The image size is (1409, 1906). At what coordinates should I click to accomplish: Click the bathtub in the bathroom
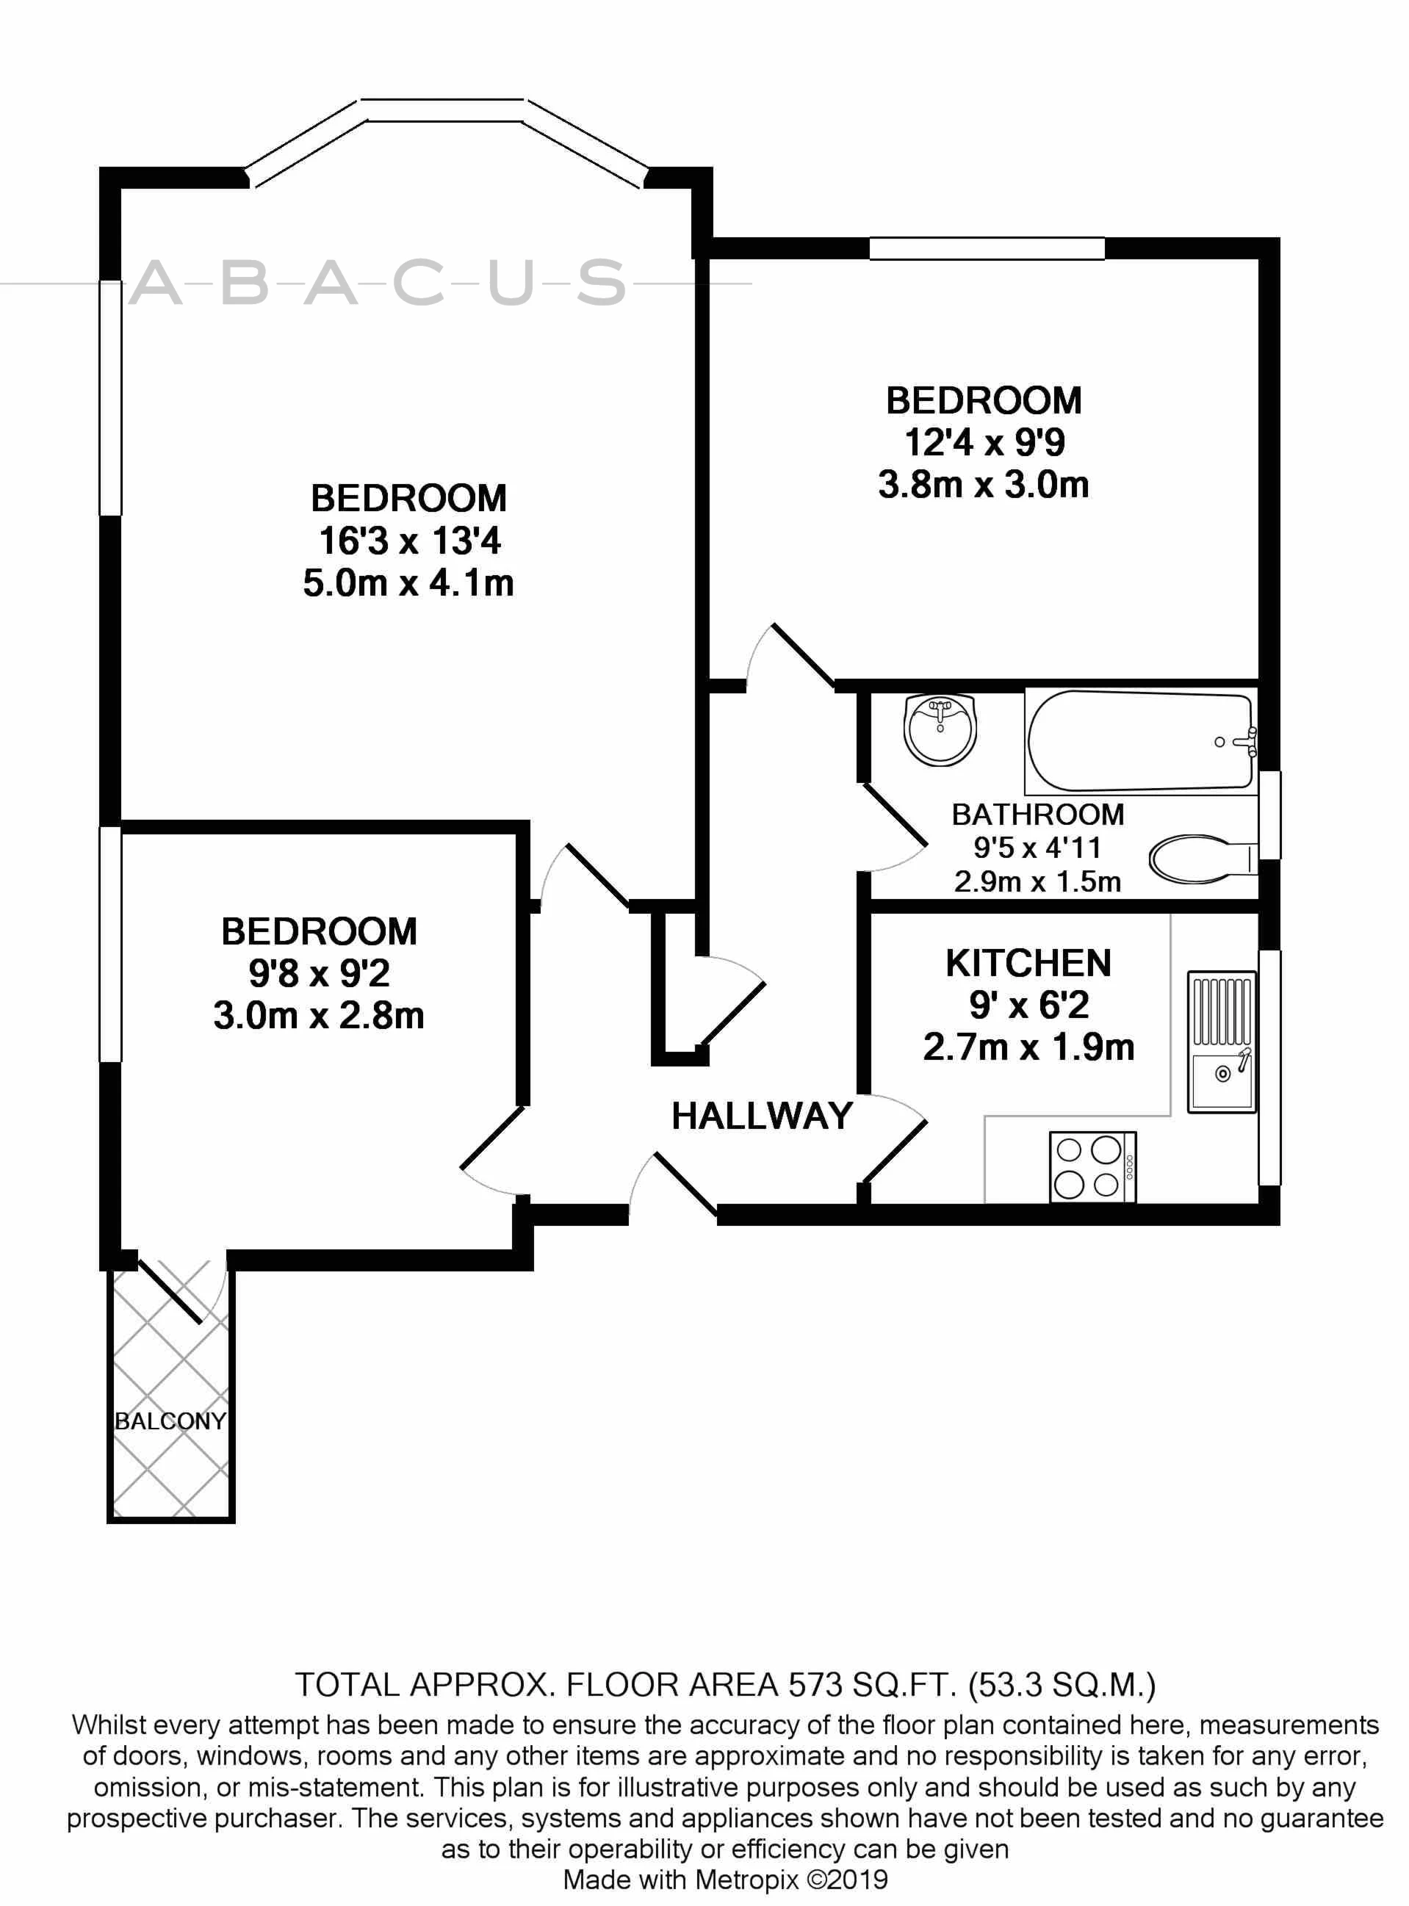click(1140, 741)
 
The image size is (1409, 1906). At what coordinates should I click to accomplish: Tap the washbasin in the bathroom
click(940, 730)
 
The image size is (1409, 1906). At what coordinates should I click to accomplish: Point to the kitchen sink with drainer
click(1222, 1042)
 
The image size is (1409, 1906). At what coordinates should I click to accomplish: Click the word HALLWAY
click(762, 1116)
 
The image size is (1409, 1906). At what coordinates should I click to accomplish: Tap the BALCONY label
click(170, 1421)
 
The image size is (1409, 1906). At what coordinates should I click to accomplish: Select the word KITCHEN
click(1028, 964)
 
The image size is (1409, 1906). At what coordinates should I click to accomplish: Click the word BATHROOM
click(1038, 815)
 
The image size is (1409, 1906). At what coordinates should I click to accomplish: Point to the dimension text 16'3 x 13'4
click(409, 541)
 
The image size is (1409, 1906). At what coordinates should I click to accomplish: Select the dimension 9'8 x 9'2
click(319, 973)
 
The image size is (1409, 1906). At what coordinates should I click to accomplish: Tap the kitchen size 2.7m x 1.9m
click(1028, 1047)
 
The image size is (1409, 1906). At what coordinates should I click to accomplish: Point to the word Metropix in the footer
click(746, 1880)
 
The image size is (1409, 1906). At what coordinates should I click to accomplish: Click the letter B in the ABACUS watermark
click(245, 282)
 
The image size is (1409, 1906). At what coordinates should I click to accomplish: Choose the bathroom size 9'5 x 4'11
click(1038, 848)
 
